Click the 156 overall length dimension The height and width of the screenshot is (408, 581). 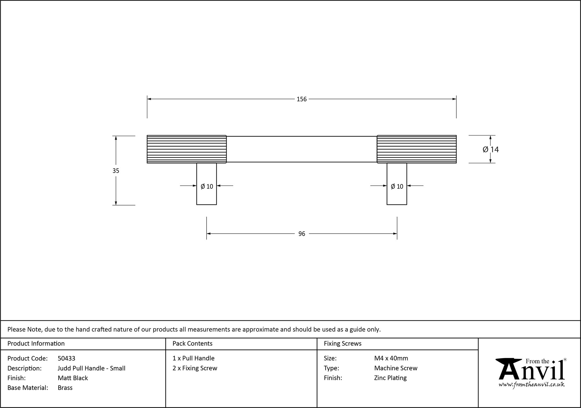(302, 99)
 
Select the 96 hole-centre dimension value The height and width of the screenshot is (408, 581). (302, 234)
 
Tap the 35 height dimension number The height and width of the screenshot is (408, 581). (116, 171)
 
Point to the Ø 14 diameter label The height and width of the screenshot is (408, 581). (491, 149)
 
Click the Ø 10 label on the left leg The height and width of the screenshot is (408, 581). (207, 187)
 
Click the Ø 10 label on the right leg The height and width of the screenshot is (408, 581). (397, 187)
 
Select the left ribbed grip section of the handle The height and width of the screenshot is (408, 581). (187, 149)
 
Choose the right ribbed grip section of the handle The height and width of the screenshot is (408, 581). (417, 149)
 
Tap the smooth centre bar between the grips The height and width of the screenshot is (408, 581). (302, 149)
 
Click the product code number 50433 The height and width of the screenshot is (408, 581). (67, 358)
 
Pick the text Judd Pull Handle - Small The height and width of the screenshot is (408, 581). (92, 368)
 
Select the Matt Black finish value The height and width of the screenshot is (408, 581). (73, 378)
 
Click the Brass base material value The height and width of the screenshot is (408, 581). (65, 388)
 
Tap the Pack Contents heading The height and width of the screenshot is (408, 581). (192, 344)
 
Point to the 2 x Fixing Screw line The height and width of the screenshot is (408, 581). (195, 368)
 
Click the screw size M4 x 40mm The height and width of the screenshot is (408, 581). (391, 358)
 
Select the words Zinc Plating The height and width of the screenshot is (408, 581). (390, 378)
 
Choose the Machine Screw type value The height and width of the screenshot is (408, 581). (396, 368)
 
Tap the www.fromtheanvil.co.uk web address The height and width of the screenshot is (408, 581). (532, 385)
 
